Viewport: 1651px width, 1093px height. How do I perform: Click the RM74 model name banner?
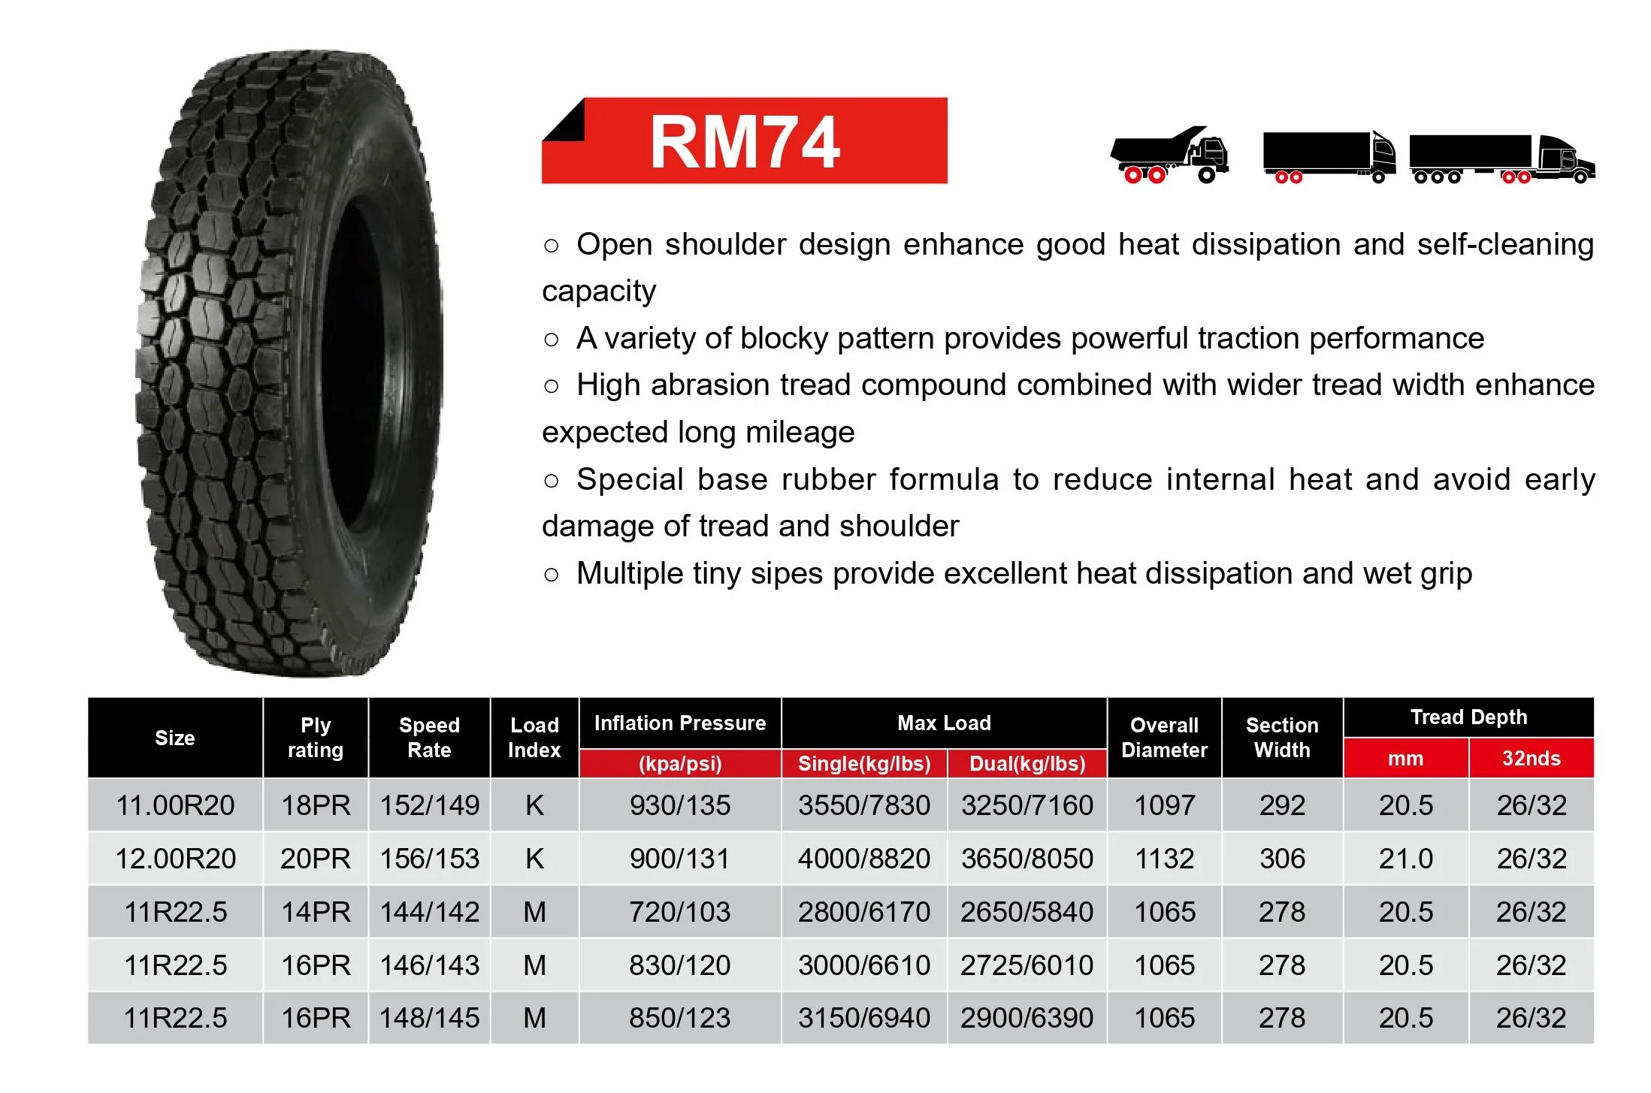[744, 140]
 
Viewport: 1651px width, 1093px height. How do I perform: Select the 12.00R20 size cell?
[175, 859]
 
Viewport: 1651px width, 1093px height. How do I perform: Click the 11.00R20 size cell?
[175, 805]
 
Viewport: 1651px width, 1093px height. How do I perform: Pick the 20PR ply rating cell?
[316, 859]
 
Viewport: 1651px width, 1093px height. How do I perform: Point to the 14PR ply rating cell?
[316, 912]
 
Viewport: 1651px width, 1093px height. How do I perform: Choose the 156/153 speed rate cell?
[429, 859]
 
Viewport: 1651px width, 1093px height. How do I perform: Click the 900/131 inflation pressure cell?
[680, 859]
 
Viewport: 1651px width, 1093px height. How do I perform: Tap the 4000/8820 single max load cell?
[864, 859]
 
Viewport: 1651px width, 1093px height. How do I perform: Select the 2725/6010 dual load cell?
[1027, 965]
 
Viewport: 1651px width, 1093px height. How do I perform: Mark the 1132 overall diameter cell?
[1164, 859]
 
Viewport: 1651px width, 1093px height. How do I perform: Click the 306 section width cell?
[1282, 859]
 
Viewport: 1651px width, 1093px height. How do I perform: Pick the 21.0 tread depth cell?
[1405, 859]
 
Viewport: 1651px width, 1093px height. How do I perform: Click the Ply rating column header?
[316, 738]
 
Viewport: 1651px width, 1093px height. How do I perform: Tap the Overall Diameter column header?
[1164, 738]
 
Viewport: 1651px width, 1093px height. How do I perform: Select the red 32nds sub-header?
[1531, 759]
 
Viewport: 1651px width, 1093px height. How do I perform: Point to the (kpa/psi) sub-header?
[680, 764]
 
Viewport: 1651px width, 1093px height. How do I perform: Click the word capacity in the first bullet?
[599, 291]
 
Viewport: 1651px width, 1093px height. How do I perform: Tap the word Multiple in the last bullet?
[628, 574]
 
